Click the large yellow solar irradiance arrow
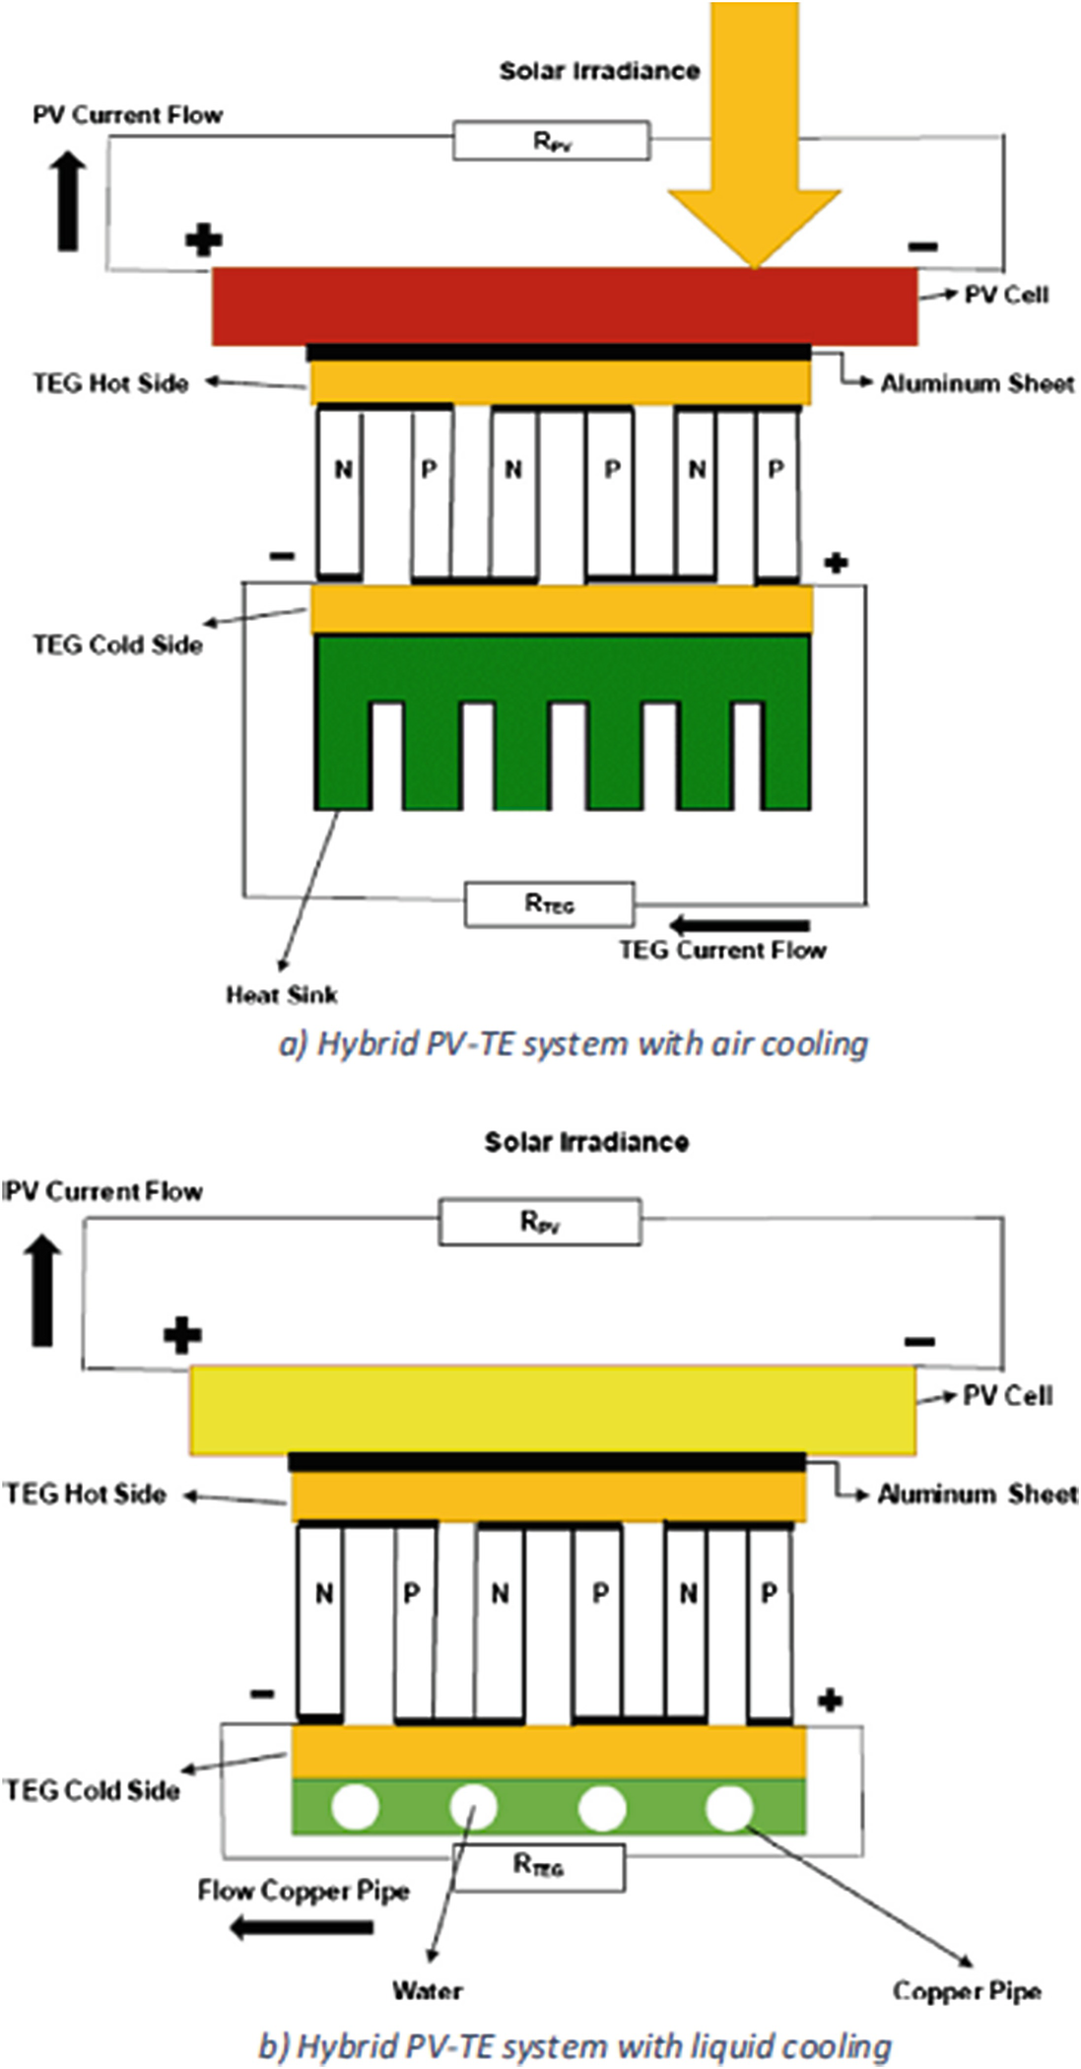point(754,148)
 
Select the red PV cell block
point(565,305)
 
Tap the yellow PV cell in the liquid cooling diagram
point(552,1410)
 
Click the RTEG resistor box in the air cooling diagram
point(549,903)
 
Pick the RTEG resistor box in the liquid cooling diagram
point(538,1865)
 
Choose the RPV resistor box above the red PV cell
point(551,141)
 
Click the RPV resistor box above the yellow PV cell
point(539,1222)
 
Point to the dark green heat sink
point(562,670)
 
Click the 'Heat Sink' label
point(282,995)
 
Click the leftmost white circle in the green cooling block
point(355,1808)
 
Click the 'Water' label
point(427,1990)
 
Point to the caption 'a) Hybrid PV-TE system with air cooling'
point(574,1043)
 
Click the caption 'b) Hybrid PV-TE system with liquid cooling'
point(574,2045)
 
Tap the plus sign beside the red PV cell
point(203,239)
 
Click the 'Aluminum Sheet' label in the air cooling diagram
point(977,383)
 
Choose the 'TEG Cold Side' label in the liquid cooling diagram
point(92,1789)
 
